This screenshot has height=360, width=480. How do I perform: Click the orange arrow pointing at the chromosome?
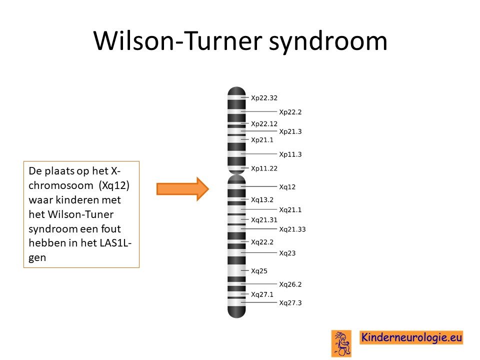click(x=183, y=189)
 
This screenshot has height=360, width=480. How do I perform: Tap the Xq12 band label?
click(x=287, y=186)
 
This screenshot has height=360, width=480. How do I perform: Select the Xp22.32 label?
click(x=264, y=98)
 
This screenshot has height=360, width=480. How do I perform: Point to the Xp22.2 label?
click(x=290, y=112)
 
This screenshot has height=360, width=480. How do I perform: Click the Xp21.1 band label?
click(x=262, y=140)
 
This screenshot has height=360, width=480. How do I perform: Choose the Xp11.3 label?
click(x=290, y=154)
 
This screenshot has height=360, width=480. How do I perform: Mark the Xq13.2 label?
click(x=262, y=199)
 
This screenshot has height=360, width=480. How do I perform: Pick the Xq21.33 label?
click(x=292, y=229)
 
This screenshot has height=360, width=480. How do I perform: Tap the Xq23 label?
click(x=287, y=253)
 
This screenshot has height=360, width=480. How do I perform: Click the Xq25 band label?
click(x=259, y=271)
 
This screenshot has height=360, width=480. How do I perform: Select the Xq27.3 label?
click(x=290, y=303)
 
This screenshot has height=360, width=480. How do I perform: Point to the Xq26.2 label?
click(x=290, y=284)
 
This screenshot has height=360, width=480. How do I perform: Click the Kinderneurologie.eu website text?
click(x=411, y=337)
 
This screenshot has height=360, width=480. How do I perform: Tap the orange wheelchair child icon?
click(x=341, y=343)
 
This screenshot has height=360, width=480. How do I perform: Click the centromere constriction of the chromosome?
click(x=236, y=174)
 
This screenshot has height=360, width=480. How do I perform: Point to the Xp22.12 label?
click(x=264, y=123)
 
